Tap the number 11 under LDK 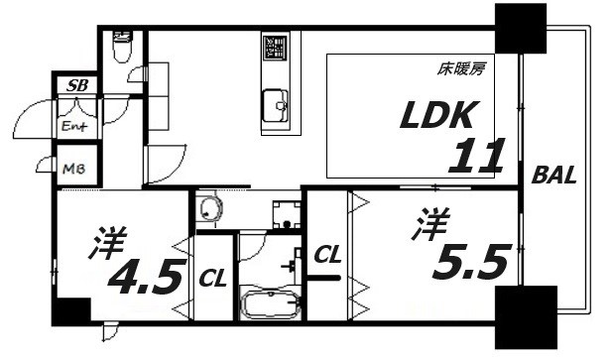click(480, 157)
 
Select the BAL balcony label click(553, 177)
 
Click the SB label click(76, 86)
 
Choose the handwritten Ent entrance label click(75, 127)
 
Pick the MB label click(74, 170)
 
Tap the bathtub click(270, 302)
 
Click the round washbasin click(211, 209)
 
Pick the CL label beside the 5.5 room click(327, 256)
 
